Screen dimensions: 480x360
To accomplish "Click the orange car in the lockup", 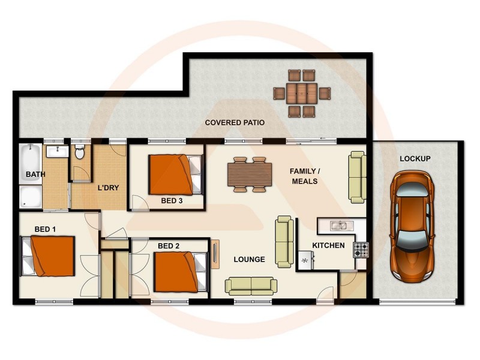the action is coord(412,226).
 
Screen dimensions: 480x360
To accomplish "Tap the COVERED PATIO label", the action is coord(235,123).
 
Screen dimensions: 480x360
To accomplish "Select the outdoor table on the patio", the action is coord(302,94).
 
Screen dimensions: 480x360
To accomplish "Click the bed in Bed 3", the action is coord(175,175).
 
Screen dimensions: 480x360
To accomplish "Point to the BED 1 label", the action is coord(46,229).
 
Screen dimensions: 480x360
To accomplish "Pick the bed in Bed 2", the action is coord(181,272).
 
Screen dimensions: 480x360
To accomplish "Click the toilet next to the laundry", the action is coord(80,151).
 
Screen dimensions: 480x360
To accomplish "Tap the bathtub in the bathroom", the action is coord(31,164).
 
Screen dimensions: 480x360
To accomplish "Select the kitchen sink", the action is coord(338,226).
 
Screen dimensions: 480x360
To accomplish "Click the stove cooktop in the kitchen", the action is coord(361,250).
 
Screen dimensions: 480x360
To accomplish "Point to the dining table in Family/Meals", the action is coord(250,175).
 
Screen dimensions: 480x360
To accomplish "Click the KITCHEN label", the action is coord(328,245).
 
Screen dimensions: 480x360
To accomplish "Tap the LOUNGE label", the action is coord(249,260).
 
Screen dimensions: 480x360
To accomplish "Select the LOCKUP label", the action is coord(415,158).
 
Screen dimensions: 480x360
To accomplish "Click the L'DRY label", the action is coord(108,188).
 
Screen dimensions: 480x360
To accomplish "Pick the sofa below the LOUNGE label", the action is coord(251,286).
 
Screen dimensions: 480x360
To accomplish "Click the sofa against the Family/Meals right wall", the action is coord(358,177).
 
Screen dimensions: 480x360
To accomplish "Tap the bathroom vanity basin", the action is coord(58,151).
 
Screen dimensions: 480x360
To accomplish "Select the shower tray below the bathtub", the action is coord(31,197).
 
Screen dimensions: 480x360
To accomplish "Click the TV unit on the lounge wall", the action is coord(215,254).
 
